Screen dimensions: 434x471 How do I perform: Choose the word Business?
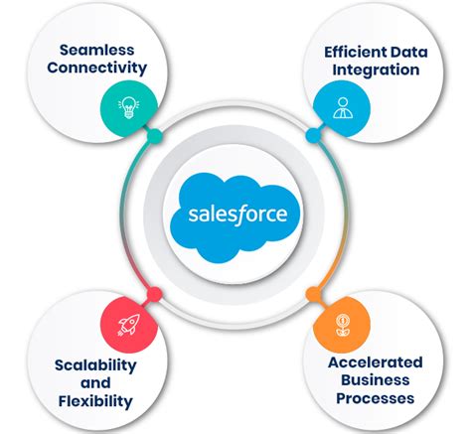click(x=375, y=379)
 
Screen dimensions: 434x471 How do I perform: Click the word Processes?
click(x=375, y=398)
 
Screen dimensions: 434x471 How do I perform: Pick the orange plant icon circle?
click(x=339, y=321)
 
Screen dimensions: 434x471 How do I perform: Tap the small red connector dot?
click(x=154, y=291)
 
